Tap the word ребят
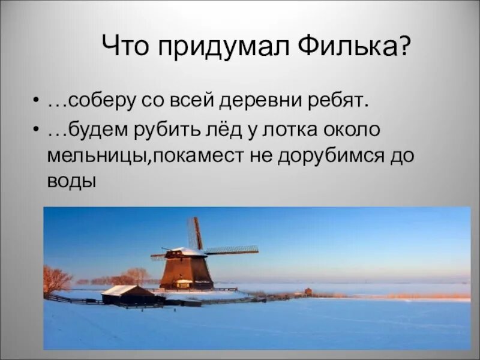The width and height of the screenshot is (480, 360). (343, 101)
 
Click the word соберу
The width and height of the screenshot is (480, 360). (98, 101)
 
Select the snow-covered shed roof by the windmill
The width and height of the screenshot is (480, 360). (121, 290)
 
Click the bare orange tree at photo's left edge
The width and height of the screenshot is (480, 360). (55, 279)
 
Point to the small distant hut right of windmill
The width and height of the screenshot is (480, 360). (308, 291)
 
